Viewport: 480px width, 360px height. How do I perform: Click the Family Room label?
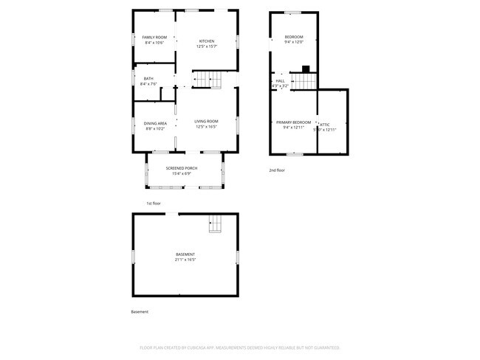pyautogui.click(x=154, y=37)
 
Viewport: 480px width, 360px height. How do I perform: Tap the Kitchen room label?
pyautogui.click(x=206, y=41)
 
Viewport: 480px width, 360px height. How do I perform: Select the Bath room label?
pyautogui.click(x=149, y=79)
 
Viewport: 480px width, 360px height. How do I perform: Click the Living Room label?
pyautogui.click(x=206, y=121)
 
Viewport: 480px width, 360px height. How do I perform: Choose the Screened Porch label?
pyautogui.click(x=181, y=168)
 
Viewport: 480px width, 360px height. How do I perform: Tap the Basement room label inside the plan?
pyautogui.click(x=185, y=255)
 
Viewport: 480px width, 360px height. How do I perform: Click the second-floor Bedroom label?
pyautogui.click(x=294, y=37)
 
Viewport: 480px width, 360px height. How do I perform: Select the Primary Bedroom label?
pyautogui.click(x=293, y=122)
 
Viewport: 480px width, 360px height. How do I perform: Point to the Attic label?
pyautogui.click(x=325, y=125)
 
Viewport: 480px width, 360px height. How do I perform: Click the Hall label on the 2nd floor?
pyautogui.click(x=280, y=81)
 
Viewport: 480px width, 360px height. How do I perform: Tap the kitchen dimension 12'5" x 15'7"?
pyautogui.click(x=206, y=46)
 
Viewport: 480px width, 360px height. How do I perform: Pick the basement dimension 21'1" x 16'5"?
pyautogui.click(x=185, y=260)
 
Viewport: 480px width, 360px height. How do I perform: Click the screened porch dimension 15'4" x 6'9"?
pyautogui.click(x=181, y=173)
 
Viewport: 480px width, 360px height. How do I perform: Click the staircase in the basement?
pyautogui.click(x=215, y=223)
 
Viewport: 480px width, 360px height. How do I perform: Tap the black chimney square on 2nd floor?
pyautogui.click(x=305, y=69)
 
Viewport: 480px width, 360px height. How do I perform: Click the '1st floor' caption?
pyautogui.click(x=154, y=203)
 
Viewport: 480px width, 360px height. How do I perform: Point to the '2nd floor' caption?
pyautogui.click(x=277, y=170)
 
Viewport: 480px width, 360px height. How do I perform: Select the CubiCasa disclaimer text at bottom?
pyautogui.click(x=239, y=347)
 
